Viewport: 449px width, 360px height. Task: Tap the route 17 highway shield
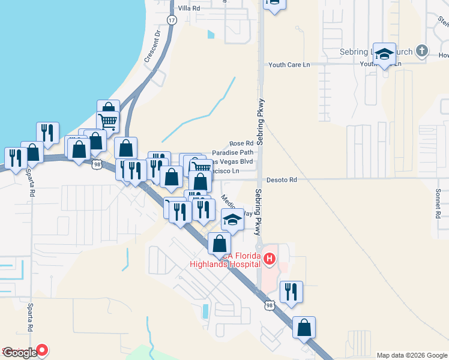(173, 20)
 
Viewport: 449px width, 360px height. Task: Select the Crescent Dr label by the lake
(154, 47)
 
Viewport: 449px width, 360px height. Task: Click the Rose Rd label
(241, 144)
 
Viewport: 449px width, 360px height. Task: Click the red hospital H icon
(270, 259)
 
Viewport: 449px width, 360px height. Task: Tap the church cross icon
(422, 52)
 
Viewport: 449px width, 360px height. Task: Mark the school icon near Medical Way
(232, 220)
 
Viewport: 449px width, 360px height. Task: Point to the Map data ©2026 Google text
(412, 355)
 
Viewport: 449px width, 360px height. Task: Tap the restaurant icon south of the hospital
(291, 292)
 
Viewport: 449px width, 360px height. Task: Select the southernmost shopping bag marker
(304, 328)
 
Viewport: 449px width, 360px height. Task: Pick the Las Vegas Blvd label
(231, 161)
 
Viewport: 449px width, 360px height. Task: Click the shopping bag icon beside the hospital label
(219, 244)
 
